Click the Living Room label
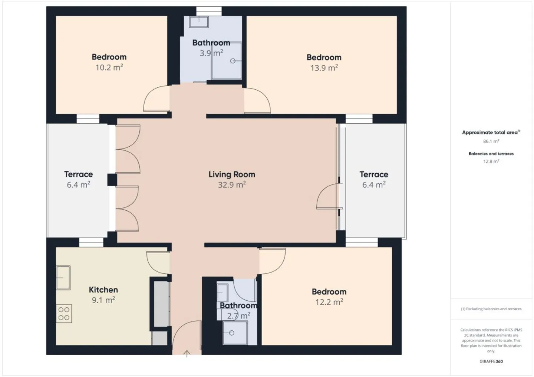point(232,174)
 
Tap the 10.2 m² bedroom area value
point(109,67)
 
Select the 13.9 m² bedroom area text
point(324,68)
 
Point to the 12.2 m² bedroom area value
point(329,302)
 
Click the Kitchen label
point(103,290)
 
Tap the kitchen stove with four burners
point(64,314)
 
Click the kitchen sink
point(63,278)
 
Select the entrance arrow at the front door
point(187,354)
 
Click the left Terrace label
point(78,174)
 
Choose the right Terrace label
point(374,174)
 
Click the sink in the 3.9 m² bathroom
point(199,22)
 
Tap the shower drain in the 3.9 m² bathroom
point(233,61)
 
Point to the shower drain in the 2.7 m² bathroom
point(231,333)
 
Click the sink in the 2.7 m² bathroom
point(222,293)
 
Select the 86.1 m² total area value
point(491,141)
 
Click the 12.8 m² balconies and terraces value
point(491,161)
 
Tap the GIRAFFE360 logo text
point(491,361)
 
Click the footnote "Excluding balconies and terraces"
point(491,309)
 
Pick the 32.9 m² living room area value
point(232,185)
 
